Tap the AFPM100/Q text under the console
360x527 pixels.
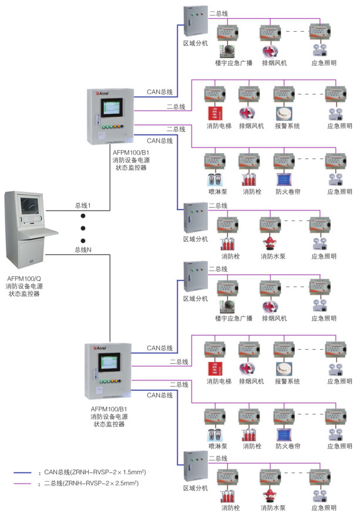tap(24, 278)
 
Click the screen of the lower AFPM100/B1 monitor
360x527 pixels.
tap(114, 362)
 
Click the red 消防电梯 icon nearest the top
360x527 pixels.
tap(213, 113)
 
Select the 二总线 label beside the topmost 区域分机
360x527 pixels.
tap(218, 12)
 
